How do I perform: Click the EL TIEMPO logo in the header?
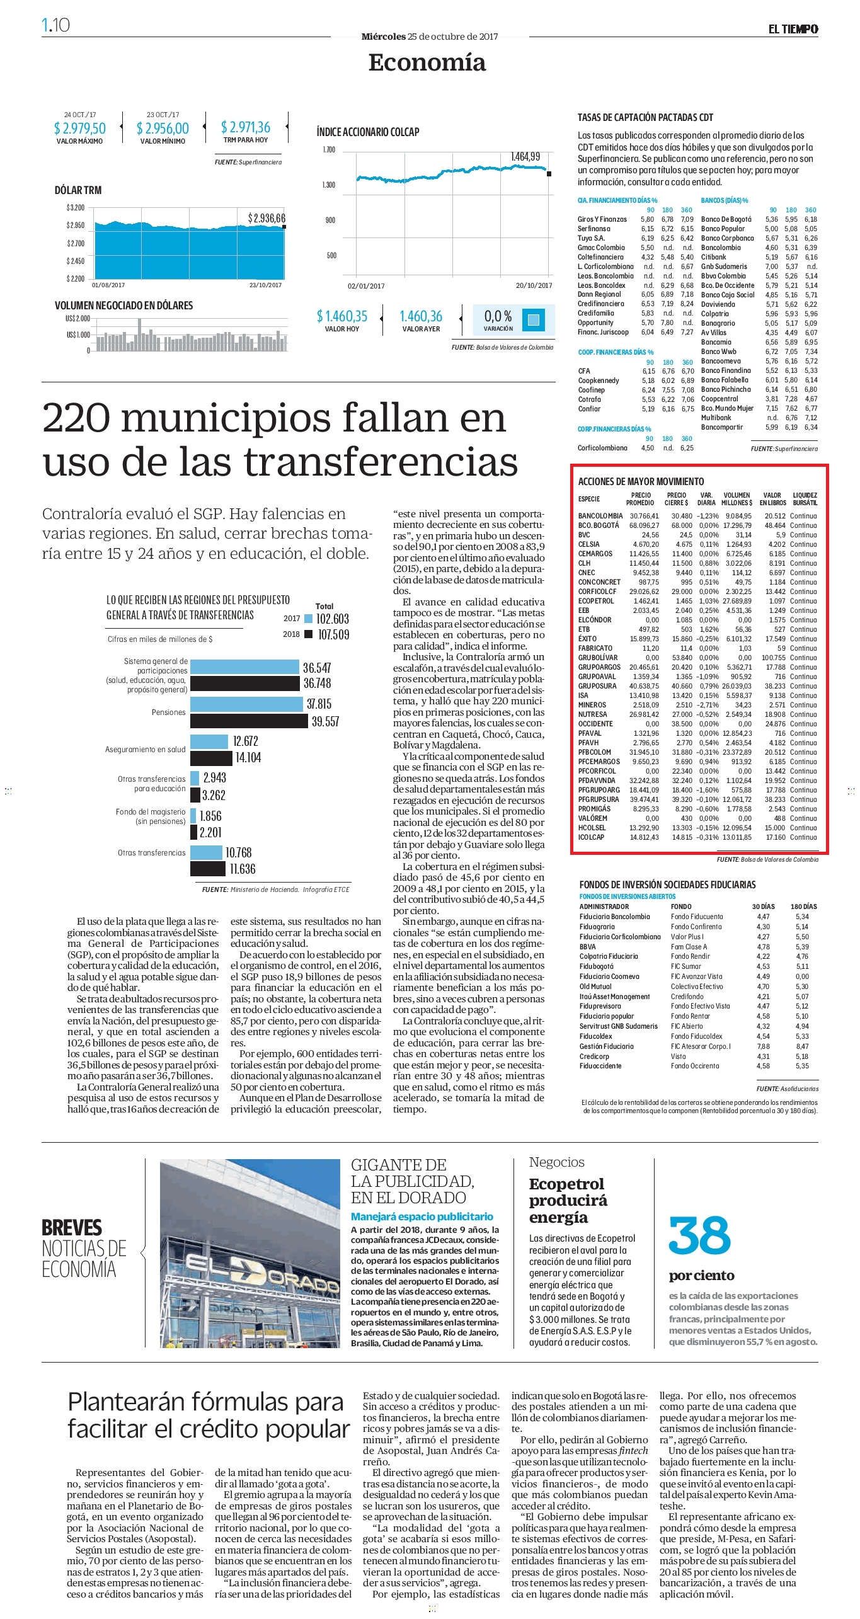793,29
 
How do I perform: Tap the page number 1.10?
55,25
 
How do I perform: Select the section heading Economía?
427,62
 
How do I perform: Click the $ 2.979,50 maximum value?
80,129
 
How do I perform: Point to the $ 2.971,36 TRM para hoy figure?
246,127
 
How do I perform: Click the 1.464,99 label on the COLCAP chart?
525,156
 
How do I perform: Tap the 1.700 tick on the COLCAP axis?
329,150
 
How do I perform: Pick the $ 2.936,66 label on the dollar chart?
267,218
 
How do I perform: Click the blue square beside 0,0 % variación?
534,319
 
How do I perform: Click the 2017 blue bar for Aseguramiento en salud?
209,741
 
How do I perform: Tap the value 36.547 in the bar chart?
317,668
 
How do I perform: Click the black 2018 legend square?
309,634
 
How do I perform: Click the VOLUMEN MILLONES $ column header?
737,499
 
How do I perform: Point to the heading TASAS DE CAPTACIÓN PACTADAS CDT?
645,117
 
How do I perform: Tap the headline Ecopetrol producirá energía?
568,1200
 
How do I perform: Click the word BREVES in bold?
72,1228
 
